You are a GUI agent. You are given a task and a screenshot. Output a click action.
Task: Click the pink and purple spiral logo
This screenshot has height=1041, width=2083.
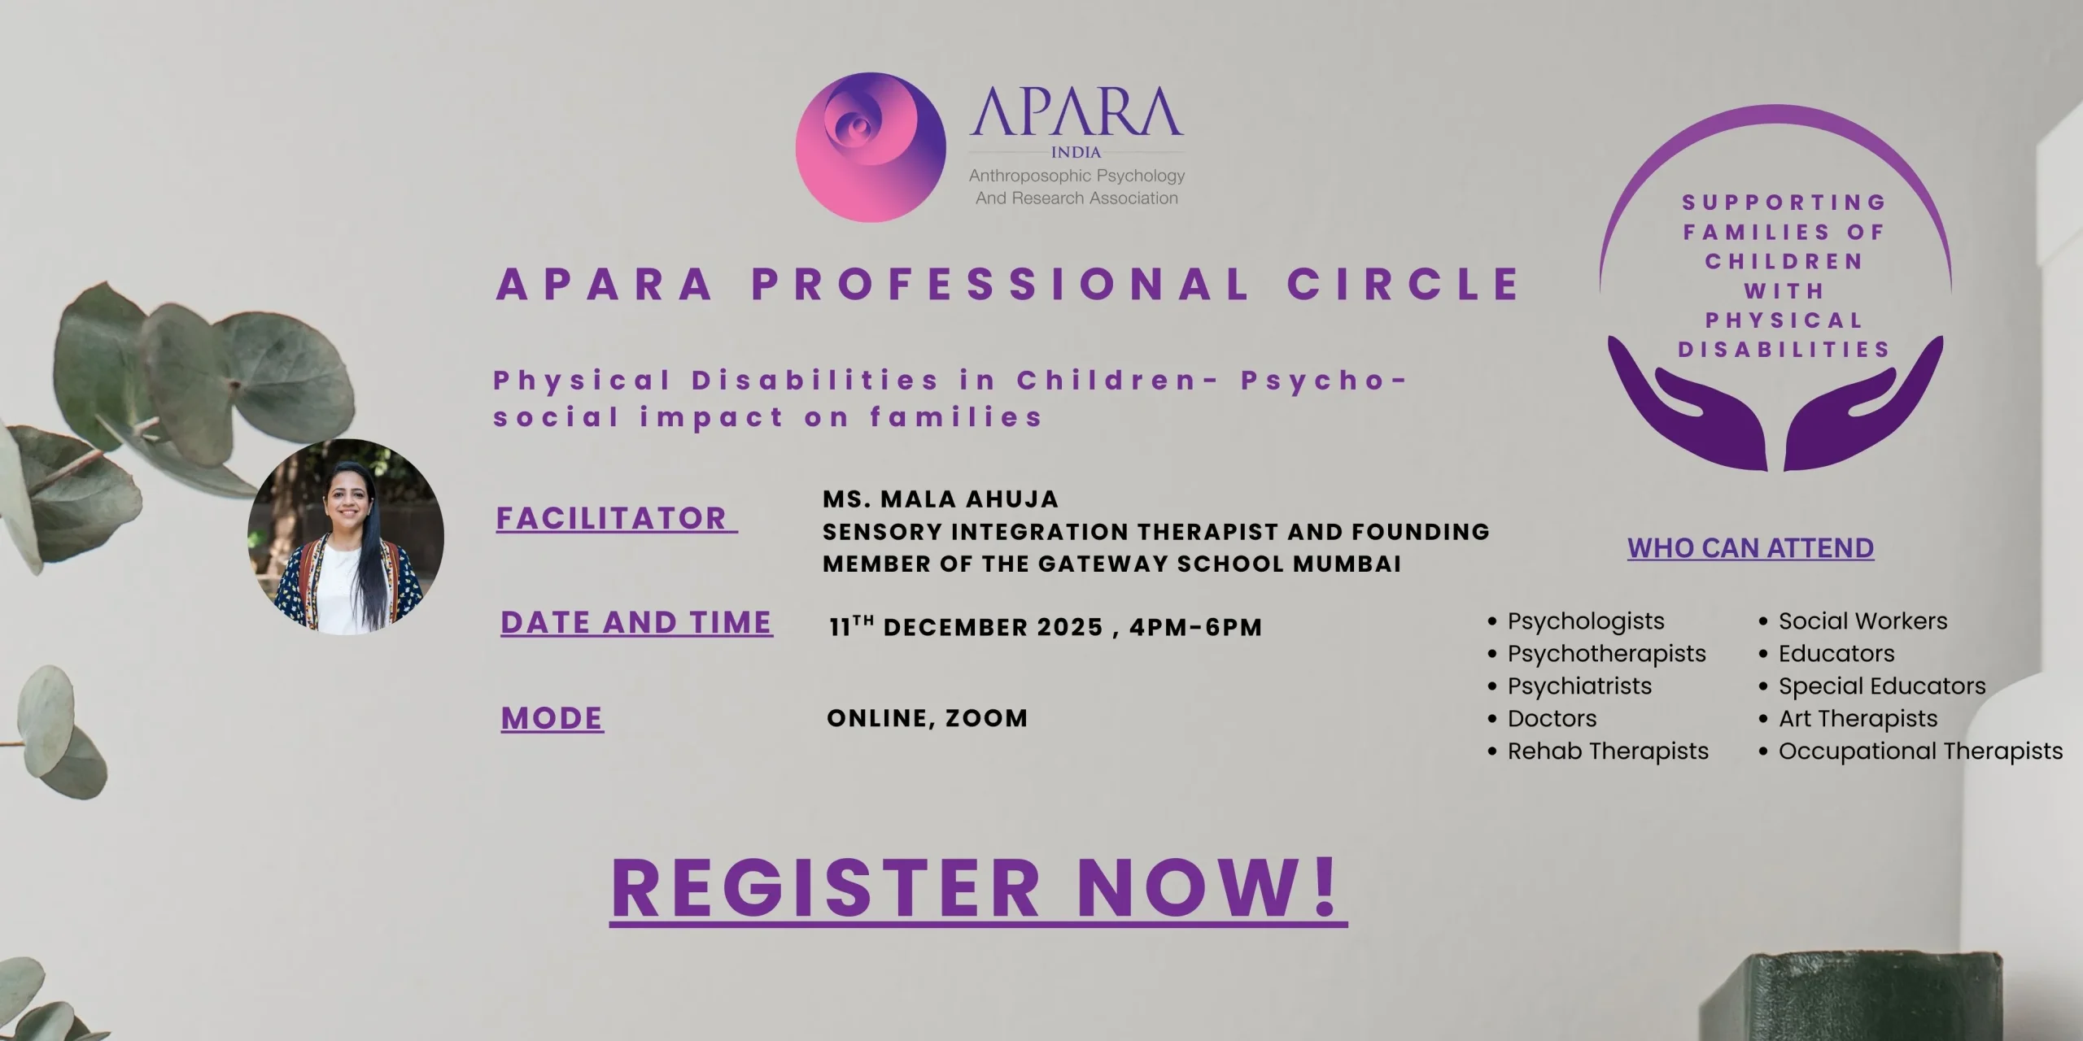coord(871,147)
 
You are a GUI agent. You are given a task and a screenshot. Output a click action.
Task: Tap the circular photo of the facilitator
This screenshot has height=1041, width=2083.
coord(346,537)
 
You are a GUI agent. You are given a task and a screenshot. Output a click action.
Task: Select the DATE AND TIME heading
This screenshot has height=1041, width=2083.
coord(636,622)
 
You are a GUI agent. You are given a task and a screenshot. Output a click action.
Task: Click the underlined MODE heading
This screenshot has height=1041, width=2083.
coord(552,718)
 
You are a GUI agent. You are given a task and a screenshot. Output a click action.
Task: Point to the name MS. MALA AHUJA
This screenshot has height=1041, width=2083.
coord(941,499)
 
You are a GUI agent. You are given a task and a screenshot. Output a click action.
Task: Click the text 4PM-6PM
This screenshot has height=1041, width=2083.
coord(1196,627)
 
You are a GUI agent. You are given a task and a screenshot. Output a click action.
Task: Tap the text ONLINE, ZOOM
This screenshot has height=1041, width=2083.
coord(928,718)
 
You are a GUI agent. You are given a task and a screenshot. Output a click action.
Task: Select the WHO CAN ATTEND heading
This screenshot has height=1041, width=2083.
coord(1751,548)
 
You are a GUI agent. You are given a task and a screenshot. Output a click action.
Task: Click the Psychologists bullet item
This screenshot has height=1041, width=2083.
coord(1586,621)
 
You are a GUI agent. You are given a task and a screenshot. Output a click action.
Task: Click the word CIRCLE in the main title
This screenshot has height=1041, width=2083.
coord(1404,284)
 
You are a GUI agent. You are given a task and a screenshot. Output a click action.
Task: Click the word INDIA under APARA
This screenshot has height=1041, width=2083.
coord(1076,152)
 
